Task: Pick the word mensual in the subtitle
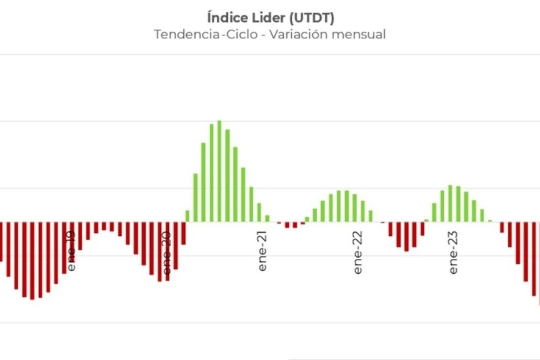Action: [x=359, y=35]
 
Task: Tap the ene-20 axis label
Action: [x=167, y=253]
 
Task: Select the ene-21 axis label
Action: [x=263, y=252]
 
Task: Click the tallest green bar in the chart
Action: [x=219, y=171]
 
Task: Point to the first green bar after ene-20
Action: [x=187, y=216]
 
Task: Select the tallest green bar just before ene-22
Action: [x=339, y=206]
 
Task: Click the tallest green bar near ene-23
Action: [x=451, y=204]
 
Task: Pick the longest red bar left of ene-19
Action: [x=32, y=261]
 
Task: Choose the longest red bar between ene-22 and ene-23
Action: [x=407, y=236]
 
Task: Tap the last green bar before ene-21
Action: [x=268, y=218]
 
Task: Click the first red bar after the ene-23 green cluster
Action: [x=502, y=227]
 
